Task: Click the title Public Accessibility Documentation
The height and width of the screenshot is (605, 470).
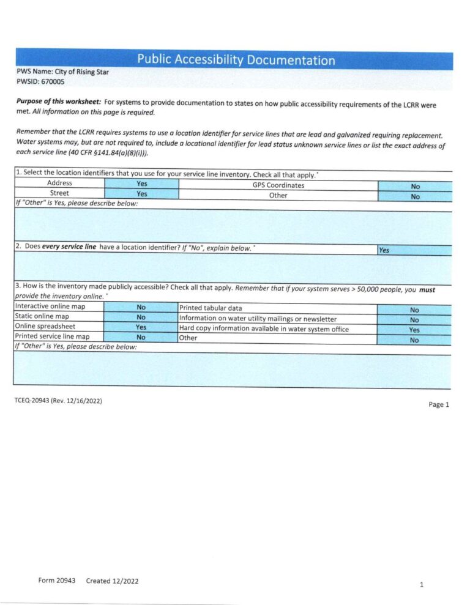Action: (236, 60)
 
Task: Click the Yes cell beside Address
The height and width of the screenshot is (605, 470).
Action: (141, 184)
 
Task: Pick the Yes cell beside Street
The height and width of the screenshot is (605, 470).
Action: (141, 194)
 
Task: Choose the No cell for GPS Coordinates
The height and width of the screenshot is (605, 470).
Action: (415, 187)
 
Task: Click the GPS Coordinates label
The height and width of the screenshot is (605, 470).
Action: (278, 185)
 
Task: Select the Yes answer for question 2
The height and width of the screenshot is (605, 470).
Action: (384, 250)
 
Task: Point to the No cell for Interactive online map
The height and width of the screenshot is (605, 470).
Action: (141, 307)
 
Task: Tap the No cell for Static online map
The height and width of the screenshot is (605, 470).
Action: (141, 317)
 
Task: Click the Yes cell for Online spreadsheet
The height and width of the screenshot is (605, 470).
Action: (141, 327)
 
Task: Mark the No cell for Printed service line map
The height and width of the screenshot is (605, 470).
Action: (141, 336)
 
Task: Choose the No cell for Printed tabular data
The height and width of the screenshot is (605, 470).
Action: (414, 310)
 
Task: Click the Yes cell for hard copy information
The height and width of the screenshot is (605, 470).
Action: (414, 330)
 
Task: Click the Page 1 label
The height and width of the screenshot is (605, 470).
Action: (439, 404)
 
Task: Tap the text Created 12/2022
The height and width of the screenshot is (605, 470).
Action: (112, 581)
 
